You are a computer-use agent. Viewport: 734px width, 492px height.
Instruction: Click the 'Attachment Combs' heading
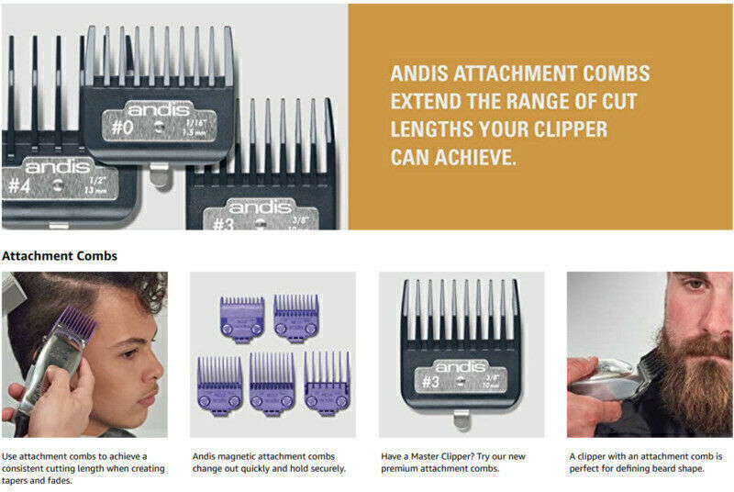click(x=60, y=256)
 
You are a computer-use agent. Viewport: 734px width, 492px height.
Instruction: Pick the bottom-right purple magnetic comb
click(x=327, y=379)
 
